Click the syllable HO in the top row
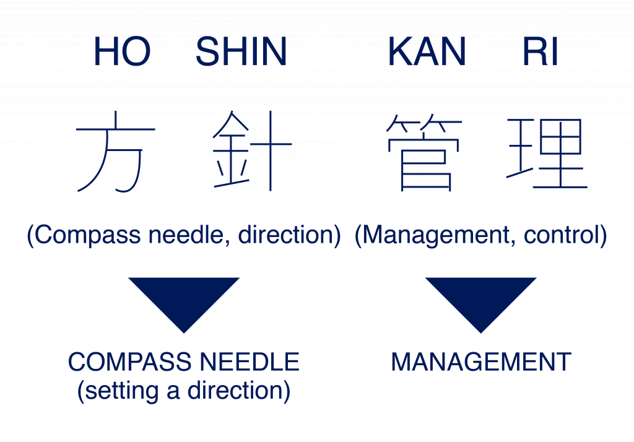[121, 52]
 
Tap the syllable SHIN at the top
[241, 52]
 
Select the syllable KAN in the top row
[427, 52]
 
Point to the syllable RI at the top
[540, 52]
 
